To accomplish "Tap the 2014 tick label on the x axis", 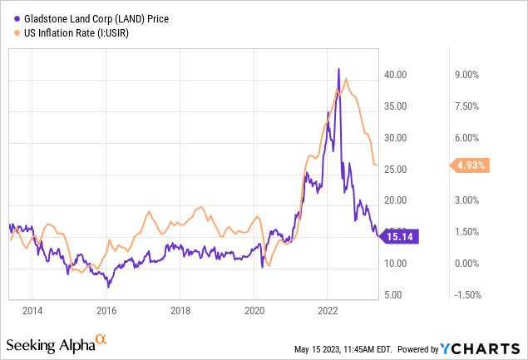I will tap(32, 311).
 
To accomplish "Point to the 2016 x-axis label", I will tap(106, 311).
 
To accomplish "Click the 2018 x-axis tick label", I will tap(180, 311).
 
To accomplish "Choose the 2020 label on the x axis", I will tap(254, 311).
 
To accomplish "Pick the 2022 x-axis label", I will tap(328, 311).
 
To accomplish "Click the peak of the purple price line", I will tap(338, 69).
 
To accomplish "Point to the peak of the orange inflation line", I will tap(346, 79).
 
